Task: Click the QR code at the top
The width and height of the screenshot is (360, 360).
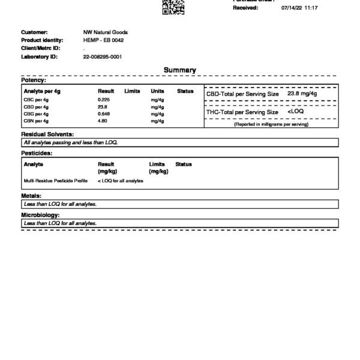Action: pos(174,7)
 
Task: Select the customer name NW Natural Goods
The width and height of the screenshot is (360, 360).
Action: pos(105,32)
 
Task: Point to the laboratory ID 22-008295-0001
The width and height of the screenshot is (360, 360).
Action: pos(103,56)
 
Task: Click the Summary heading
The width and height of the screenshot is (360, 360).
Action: pos(180,70)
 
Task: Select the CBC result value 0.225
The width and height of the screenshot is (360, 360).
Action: pos(104,100)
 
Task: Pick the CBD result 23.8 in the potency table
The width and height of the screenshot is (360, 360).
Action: pos(103,107)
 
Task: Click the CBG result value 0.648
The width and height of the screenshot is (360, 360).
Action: pos(104,113)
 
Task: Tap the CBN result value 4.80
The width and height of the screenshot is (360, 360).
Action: pos(103,121)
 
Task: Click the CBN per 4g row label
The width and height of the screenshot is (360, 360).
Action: pos(35,121)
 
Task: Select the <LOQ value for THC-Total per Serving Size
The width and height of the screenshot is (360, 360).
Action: pos(296,112)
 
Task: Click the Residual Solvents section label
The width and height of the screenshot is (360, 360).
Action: pos(47,134)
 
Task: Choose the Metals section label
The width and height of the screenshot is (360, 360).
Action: pos(31,196)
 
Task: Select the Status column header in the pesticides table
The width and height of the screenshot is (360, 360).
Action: pos(183,164)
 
